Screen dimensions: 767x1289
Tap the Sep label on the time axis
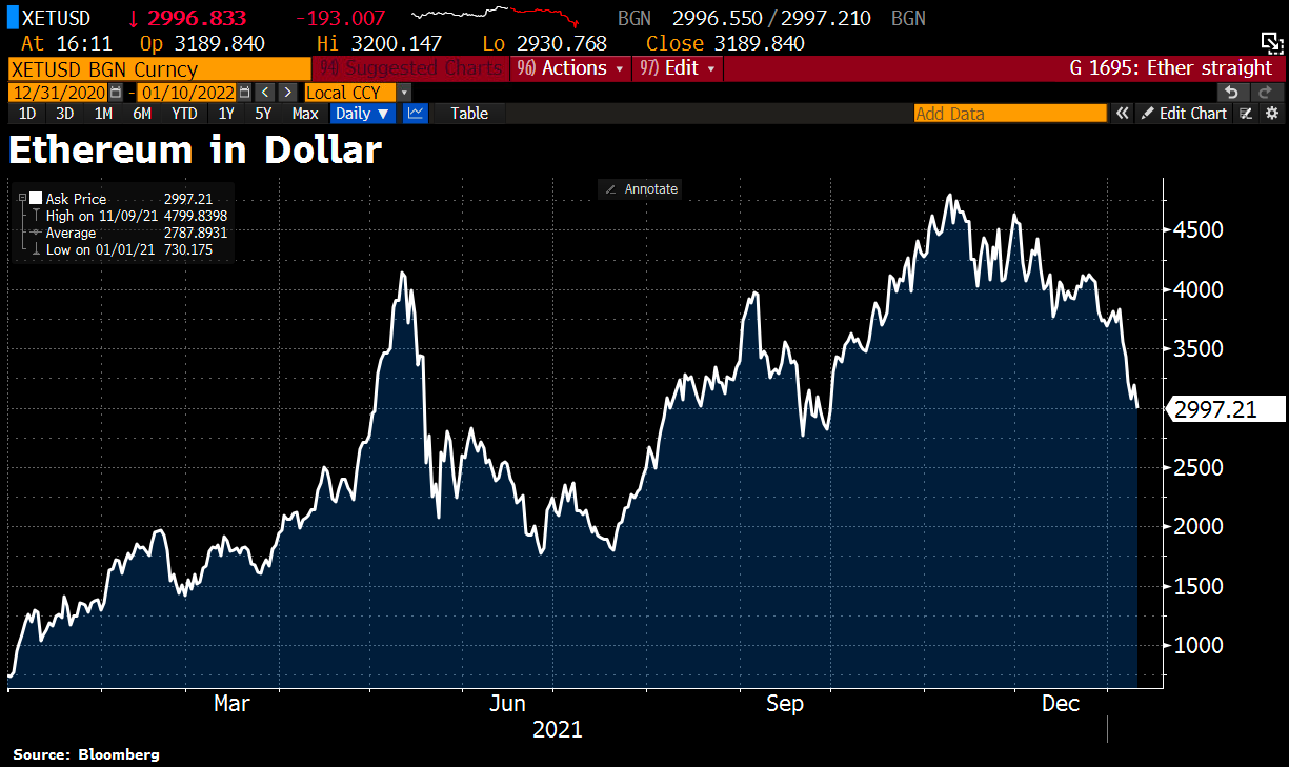[x=784, y=703]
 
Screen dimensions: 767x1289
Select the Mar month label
[x=231, y=703]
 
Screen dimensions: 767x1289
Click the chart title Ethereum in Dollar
[x=195, y=150]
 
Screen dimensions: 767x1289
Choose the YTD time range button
[x=184, y=114]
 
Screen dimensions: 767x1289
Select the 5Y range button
[x=263, y=114]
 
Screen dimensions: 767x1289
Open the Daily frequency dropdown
[x=362, y=114]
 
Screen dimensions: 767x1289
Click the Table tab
[x=469, y=114]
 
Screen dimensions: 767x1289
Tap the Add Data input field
[x=1010, y=114]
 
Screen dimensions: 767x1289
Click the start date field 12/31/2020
[x=59, y=93]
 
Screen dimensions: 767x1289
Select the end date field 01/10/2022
[x=188, y=93]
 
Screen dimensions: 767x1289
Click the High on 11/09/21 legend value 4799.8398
[x=195, y=216]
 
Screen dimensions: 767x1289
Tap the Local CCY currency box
[x=350, y=93]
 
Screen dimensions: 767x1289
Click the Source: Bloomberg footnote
[x=86, y=754]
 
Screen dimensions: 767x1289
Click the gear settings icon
[x=1272, y=114]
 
